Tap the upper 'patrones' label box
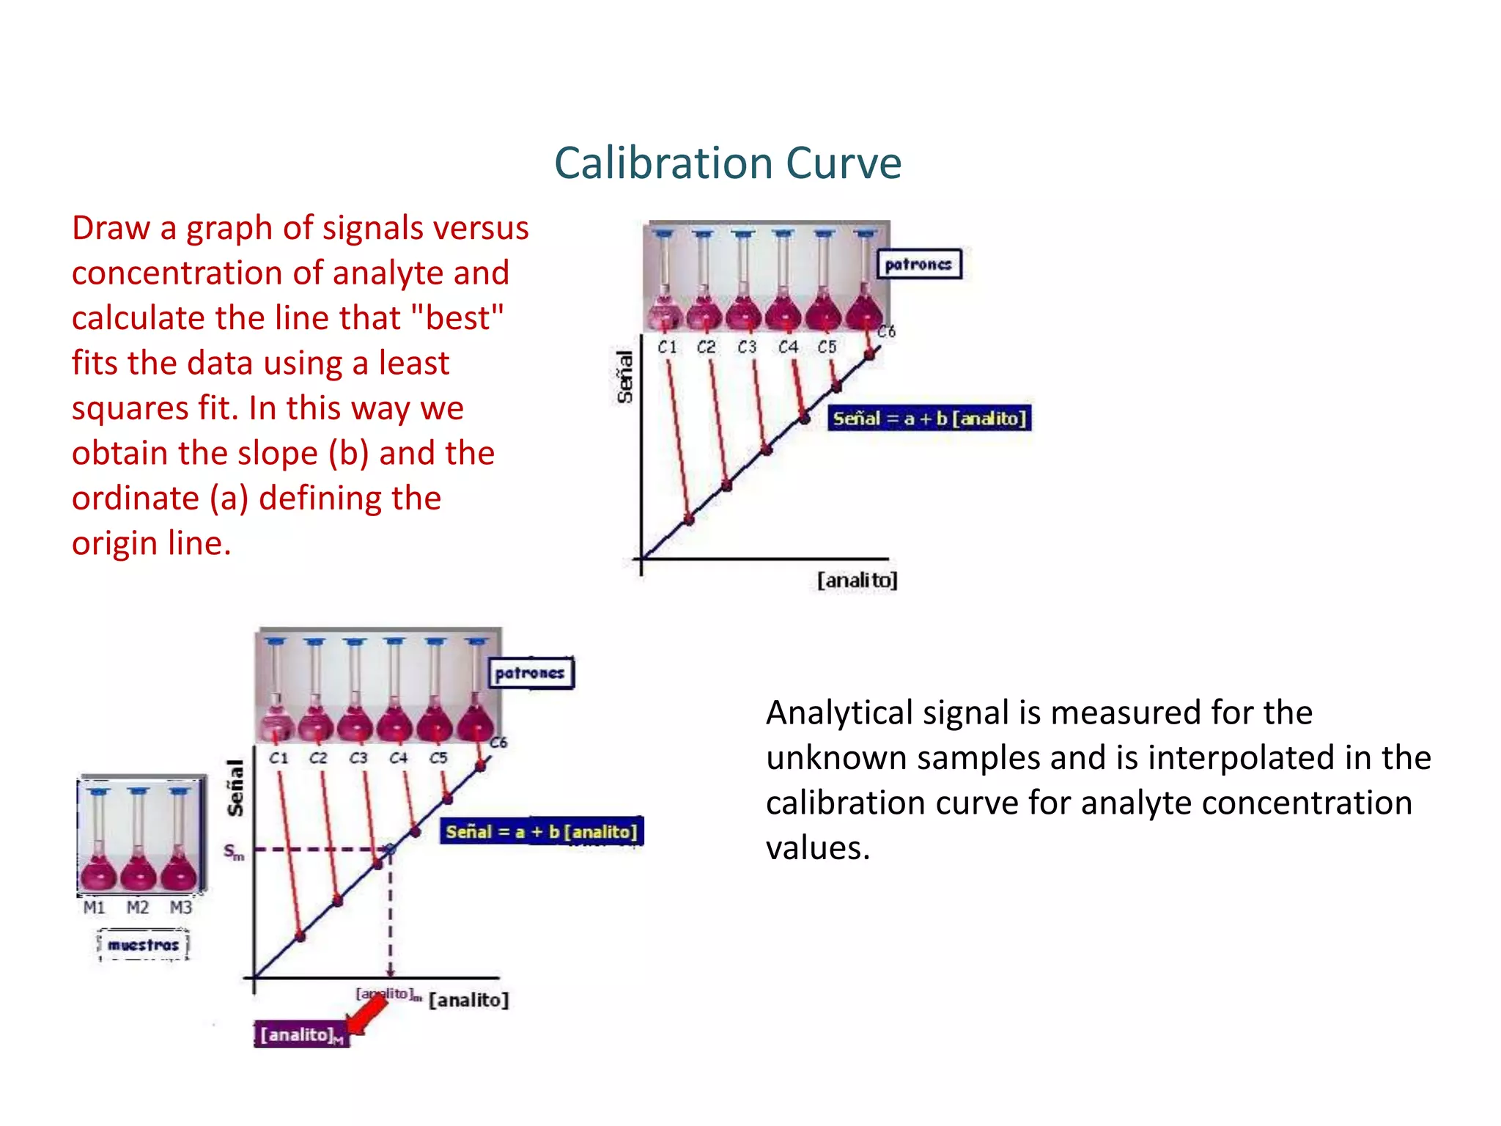coord(919,264)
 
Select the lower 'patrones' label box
coord(531,673)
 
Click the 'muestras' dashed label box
coord(143,944)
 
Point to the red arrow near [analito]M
coord(369,1015)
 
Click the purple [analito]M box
coord(301,1034)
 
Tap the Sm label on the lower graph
coord(233,852)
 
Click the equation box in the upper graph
coord(929,418)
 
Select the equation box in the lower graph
coord(541,831)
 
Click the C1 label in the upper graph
coord(667,347)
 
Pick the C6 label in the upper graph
coord(886,331)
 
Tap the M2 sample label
coord(138,908)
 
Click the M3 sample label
coord(181,908)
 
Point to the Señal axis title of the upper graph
coord(624,377)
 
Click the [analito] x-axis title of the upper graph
coord(857,580)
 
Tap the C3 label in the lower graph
coord(358,757)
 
